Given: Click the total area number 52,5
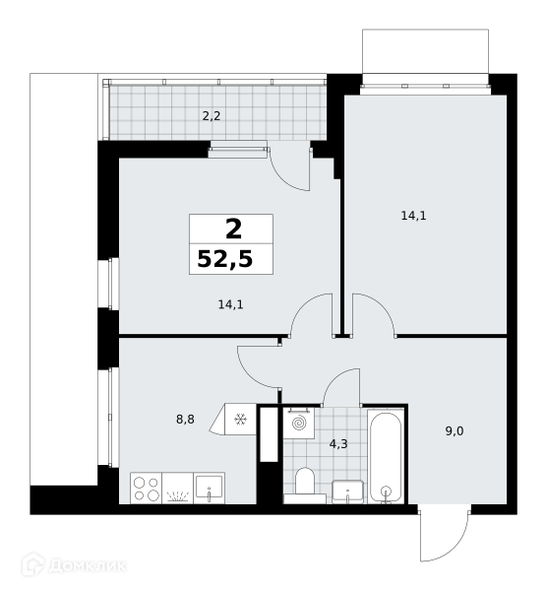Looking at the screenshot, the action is [x=224, y=259].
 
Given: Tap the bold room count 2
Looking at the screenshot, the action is [x=233, y=230].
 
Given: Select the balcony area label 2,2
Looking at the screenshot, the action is [x=212, y=116].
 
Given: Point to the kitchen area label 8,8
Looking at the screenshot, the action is [x=185, y=419].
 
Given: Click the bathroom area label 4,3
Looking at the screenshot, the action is [x=338, y=444].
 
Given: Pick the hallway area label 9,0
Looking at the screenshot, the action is [x=455, y=430].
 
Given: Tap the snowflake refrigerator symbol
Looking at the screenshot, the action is [x=240, y=419].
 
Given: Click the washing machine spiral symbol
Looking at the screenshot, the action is [x=299, y=423].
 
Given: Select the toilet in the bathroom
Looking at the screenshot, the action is [x=305, y=483].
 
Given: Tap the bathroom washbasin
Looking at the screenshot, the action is [x=347, y=492].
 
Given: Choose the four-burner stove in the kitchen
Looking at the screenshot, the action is [x=146, y=489].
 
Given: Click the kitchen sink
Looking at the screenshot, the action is [x=209, y=489].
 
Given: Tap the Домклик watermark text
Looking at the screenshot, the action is [x=88, y=565].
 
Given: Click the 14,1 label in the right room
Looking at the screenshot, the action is [x=413, y=216].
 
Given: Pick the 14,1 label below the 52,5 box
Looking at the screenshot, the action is [x=231, y=304].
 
